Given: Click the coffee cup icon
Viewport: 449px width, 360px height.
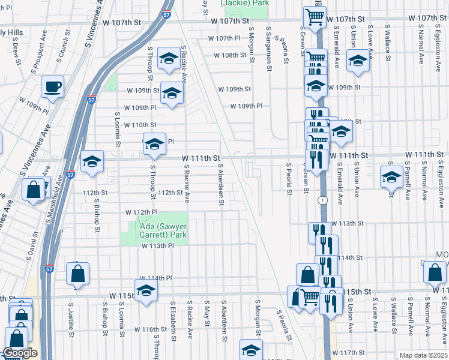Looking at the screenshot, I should point(52,86).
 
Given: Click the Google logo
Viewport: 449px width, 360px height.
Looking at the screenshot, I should point(20,353).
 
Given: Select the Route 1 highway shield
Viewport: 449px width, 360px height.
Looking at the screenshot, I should point(324,200).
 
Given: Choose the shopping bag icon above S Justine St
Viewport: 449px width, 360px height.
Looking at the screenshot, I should point(77,274).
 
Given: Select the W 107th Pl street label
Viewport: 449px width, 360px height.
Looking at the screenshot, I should point(224,38).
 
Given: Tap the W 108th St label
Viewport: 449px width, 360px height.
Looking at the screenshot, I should point(231,55).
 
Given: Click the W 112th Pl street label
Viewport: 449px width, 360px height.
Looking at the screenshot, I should point(141,212).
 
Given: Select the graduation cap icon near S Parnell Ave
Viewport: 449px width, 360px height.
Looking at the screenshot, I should point(391,177).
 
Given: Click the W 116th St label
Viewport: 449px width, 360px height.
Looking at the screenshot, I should point(150,329).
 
